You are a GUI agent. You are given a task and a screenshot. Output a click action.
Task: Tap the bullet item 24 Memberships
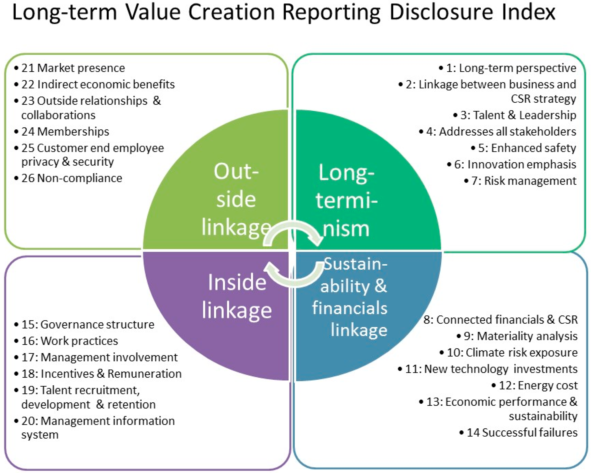(x=65, y=132)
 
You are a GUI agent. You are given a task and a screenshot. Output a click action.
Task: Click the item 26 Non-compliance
(x=72, y=178)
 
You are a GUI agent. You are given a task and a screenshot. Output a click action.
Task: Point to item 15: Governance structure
(x=88, y=324)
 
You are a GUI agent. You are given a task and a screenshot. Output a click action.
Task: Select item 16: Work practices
(x=70, y=341)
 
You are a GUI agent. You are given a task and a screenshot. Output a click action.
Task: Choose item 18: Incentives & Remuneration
(x=101, y=374)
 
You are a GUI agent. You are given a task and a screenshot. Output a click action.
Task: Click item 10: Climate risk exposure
(x=512, y=352)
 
